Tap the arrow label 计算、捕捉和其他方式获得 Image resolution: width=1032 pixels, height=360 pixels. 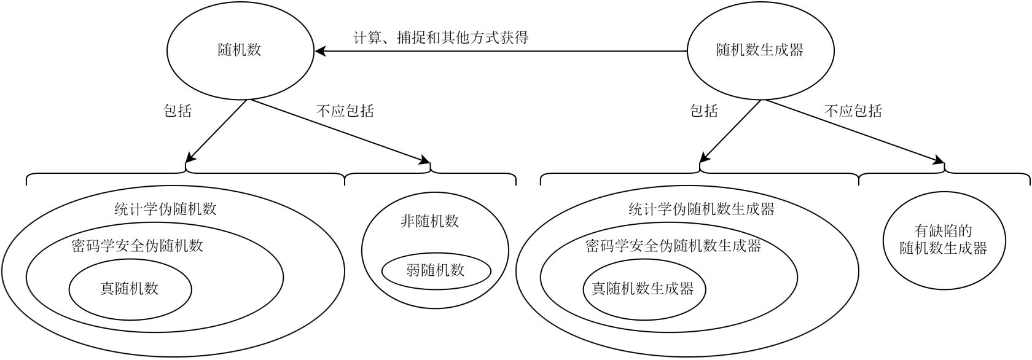[441, 37]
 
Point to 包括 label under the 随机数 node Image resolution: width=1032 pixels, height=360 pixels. [178, 111]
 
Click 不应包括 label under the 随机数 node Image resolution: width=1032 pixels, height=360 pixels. [345, 111]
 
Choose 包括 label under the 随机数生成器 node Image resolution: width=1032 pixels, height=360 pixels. [704, 111]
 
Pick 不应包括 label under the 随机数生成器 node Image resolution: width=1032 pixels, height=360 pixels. [853, 111]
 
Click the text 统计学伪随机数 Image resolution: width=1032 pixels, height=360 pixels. [165, 209]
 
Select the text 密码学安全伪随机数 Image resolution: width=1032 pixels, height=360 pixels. [138, 246]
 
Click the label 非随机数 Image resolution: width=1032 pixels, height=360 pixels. [430, 222]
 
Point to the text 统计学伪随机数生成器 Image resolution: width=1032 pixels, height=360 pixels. [702, 209]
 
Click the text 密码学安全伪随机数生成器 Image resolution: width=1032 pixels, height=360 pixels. [673, 246]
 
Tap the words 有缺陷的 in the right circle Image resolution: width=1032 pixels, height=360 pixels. [943, 230]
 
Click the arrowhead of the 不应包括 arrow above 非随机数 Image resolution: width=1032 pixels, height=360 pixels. [425, 160]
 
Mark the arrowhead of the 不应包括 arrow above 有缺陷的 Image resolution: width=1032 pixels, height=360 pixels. [939, 160]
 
